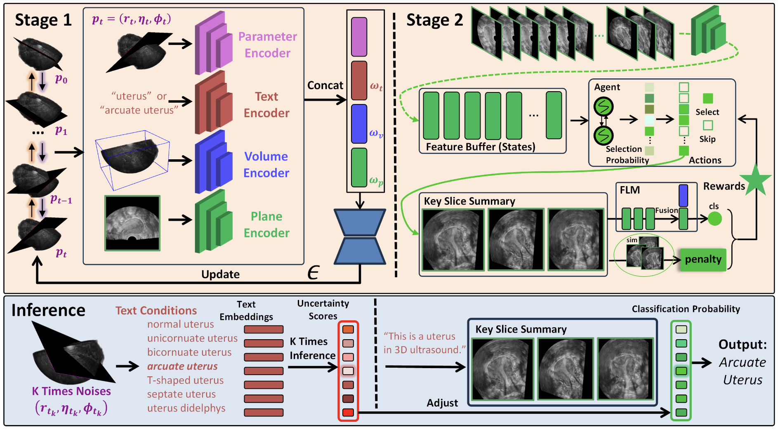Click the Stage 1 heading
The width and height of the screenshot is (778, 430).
coord(43,20)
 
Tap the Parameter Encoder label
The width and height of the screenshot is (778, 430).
coord(267,45)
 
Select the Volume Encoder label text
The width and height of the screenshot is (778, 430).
coord(266,164)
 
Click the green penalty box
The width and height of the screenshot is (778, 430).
coord(703,260)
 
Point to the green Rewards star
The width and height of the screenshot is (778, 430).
coord(756,180)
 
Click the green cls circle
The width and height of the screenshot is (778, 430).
coord(715,218)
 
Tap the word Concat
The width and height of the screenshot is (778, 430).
coord(325,85)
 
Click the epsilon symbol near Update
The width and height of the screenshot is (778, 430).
coord(314,273)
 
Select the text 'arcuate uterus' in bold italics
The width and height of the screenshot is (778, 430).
coord(182,366)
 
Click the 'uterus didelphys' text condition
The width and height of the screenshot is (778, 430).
coord(186,408)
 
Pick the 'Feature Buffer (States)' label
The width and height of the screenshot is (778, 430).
coord(481,147)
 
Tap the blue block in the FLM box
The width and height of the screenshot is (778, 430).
coord(683,195)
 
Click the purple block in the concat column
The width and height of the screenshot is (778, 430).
coord(359,37)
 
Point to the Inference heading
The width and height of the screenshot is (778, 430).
coord(48,310)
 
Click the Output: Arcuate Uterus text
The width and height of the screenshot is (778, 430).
coord(743,362)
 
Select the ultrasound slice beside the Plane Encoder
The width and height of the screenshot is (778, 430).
coord(132,223)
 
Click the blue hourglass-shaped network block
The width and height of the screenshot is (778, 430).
coord(360,236)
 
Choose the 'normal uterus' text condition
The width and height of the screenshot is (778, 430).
coord(180,324)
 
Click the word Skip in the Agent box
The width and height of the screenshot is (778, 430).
coord(707,139)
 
